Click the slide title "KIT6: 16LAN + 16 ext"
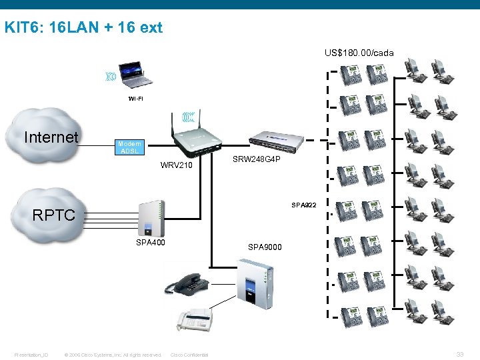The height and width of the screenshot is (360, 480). tap(83, 28)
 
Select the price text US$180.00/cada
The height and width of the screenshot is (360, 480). tap(359, 52)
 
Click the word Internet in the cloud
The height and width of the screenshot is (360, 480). tap(51, 137)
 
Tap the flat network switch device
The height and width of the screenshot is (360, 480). tap(279, 138)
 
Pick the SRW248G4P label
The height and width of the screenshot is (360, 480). tap(256, 159)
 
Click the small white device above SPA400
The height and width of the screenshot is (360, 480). tap(150, 217)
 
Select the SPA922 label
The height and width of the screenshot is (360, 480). tap(303, 205)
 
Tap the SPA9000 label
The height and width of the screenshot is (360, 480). tap(265, 247)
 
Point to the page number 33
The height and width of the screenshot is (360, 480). tap(460, 354)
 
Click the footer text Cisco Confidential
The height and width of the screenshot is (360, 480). tap(189, 355)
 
